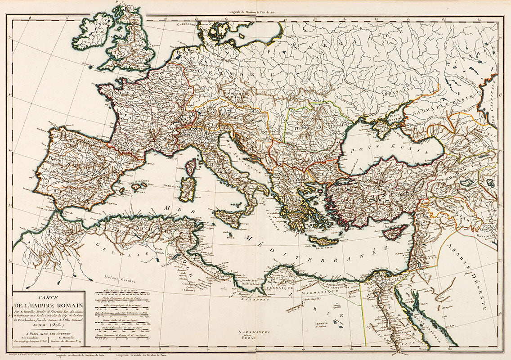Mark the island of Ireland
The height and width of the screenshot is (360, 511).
pyautogui.click(x=92, y=31)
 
